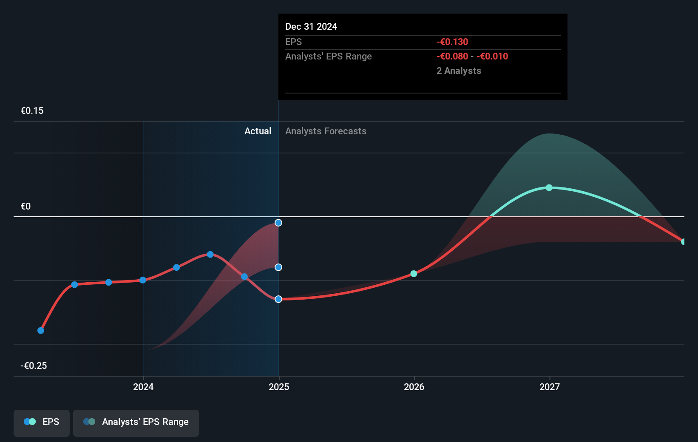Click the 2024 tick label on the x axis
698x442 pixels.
[x=143, y=387]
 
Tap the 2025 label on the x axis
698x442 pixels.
[x=279, y=387]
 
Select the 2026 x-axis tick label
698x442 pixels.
[x=414, y=387]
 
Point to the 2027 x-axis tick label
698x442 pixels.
[x=550, y=387]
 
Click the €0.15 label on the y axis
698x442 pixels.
[x=32, y=111]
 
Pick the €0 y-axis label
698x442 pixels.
[x=26, y=207]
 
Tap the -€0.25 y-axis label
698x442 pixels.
[x=34, y=366]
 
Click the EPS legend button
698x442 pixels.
[x=42, y=422]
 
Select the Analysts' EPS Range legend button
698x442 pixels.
[x=136, y=422]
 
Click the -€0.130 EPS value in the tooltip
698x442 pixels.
[x=452, y=42]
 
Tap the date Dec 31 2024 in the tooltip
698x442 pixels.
[x=311, y=27]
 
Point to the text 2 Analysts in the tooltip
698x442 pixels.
[x=459, y=71]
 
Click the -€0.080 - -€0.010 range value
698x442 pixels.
[x=472, y=57]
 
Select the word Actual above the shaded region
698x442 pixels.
[x=258, y=131]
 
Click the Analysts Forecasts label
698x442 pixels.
[x=326, y=131]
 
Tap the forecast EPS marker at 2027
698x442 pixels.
[x=549, y=187]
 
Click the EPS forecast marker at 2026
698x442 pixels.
[x=414, y=274]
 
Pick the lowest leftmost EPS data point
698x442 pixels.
[x=41, y=331]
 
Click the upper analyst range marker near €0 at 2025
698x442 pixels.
[x=278, y=223]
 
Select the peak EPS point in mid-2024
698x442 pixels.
[x=210, y=255]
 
